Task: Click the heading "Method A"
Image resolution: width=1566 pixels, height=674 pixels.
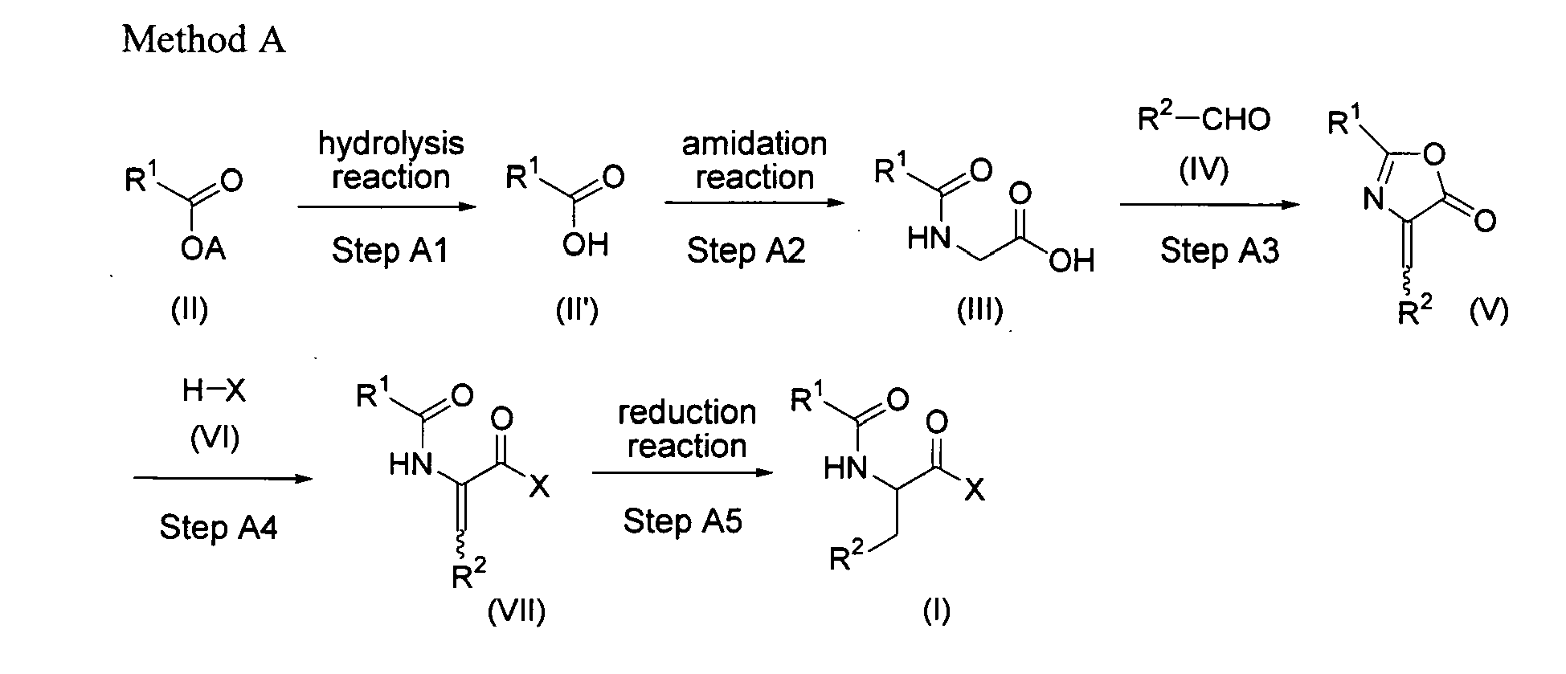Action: pyautogui.click(x=203, y=39)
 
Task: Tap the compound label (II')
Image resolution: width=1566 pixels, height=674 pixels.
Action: pyautogui.click(x=577, y=310)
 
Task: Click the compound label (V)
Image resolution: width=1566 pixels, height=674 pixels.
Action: pyautogui.click(x=1489, y=311)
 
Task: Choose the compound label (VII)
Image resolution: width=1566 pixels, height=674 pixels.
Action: pyautogui.click(x=517, y=612)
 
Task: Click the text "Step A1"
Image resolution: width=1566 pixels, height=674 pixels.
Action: pyautogui.click(x=390, y=251)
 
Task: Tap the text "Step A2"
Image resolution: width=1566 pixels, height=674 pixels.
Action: pyautogui.click(x=746, y=251)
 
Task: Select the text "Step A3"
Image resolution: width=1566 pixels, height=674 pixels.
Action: pyautogui.click(x=1220, y=251)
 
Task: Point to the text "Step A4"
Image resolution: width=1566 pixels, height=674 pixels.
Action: pyautogui.click(x=219, y=528)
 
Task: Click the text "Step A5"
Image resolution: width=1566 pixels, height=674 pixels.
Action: pyautogui.click(x=683, y=521)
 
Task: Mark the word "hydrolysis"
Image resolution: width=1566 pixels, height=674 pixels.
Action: pyautogui.click(x=391, y=145)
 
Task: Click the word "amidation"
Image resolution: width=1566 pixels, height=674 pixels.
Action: pyautogui.click(x=754, y=144)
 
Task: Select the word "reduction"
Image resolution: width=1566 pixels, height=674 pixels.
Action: pyautogui.click(x=687, y=413)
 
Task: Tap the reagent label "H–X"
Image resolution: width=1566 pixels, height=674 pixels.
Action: pyautogui.click(x=214, y=391)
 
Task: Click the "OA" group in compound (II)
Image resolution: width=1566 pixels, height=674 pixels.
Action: pyautogui.click(x=203, y=249)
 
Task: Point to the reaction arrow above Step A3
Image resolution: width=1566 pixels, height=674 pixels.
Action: pyautogui.click(x=1209, y=205)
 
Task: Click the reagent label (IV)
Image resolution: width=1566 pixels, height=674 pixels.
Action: pyautogui.click(x=1204, y=170)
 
